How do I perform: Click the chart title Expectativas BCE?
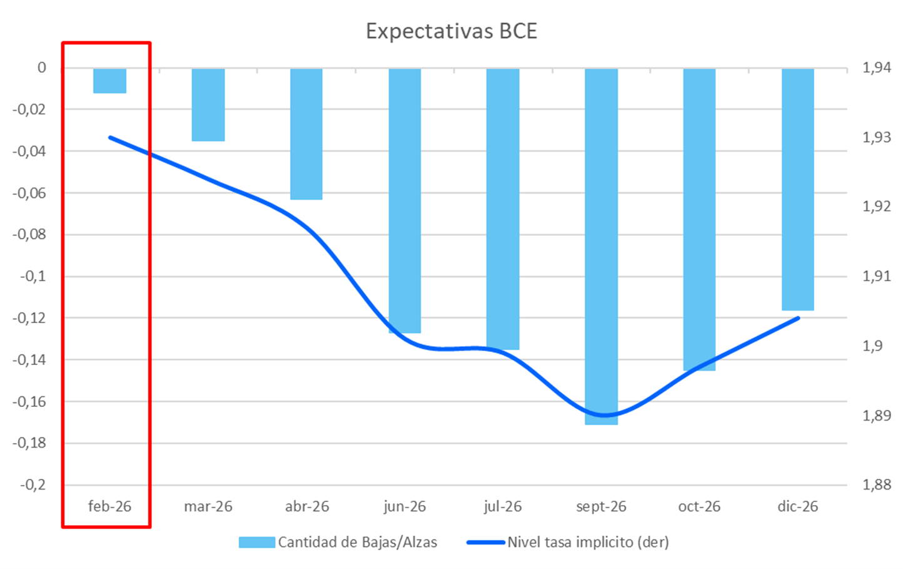451,31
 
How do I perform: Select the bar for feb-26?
110,81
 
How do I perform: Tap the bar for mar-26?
208,105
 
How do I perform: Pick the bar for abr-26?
306,134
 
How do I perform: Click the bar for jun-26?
405,200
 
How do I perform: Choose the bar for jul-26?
503,208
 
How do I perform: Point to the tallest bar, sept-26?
601,246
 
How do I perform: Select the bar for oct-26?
699,219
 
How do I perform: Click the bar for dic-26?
797,189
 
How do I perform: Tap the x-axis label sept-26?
601,506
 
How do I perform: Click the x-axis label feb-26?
110,506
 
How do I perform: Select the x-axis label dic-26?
797,506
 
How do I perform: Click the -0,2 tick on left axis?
33,485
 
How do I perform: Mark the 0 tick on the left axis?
41,68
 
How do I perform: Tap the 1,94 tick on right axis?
877,68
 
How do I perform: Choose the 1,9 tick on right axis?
872,346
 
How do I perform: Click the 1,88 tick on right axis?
877,484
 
